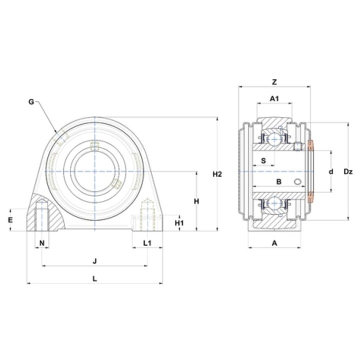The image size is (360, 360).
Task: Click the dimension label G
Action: pyautogui.click(x=31, y=101)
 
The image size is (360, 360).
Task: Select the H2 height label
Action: pyautogui.click(x=217, y=174)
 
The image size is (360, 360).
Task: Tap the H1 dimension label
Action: pyautogui.click(x=179, y=222)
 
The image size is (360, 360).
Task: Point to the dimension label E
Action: pyautogui.click(x=10, y=220)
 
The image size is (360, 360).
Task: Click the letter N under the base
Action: pyautogui.click(x=42, y=242)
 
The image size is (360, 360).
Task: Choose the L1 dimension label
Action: pyautogui.click(x=147, y=242)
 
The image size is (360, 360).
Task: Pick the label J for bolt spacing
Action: pyautogui.click(x=94, y=261)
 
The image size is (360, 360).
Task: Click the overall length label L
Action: pyautogui.click(x=94, y=278)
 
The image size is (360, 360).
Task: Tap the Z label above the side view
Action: pyautogui.click(x=274, y=82)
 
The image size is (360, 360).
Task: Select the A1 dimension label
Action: pyautogui.click(x=274, y=98)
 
